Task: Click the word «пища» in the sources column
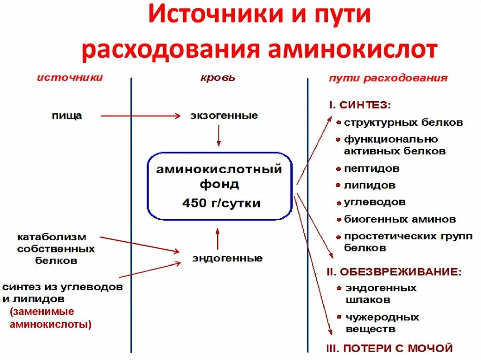(67, 115)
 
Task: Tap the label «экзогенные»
(224, 115)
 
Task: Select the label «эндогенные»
(227, 258)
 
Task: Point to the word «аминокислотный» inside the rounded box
(219, 169)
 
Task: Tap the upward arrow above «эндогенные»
(217, 239)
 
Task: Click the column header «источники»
(70, 78)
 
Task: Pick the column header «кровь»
(217, 78)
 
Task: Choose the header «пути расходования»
(388, 78)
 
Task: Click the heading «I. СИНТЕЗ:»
(359, 105)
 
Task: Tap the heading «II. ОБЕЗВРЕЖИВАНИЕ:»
(394, 272)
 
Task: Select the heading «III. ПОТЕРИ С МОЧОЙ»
(389, 348)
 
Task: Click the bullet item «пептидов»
(372, 168)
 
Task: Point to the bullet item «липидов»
(369, 185)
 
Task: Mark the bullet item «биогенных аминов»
(399, 219)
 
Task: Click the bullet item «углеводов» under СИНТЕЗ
(374, 202)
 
